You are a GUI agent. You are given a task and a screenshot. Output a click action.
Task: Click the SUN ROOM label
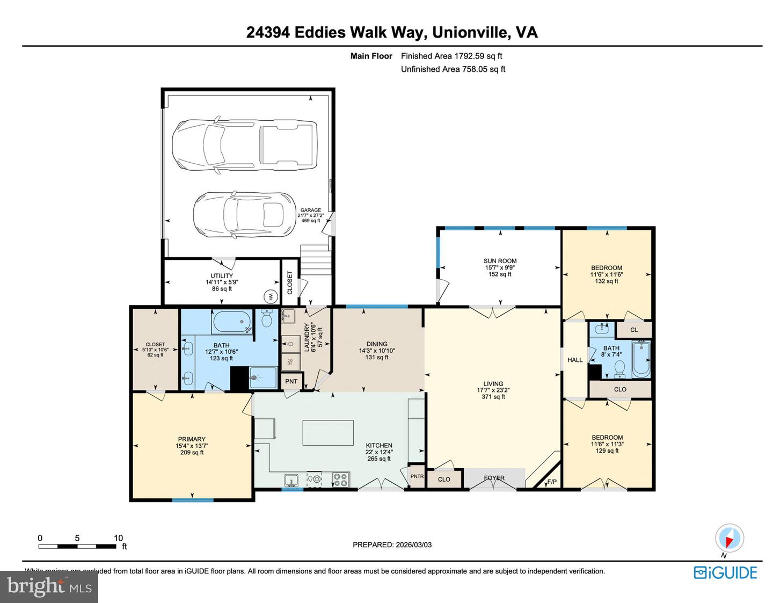(500, 261)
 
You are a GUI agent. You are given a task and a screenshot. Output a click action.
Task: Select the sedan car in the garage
(244, 215)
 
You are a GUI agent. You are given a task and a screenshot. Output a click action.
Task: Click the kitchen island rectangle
(328, 433)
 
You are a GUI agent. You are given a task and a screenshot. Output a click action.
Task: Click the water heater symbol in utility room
(270, 296)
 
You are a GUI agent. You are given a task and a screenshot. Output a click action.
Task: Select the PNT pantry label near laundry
(291, 381)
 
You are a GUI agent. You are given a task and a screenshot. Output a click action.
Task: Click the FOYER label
(494, 478)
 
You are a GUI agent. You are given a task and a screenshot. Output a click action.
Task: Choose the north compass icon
(729, 538)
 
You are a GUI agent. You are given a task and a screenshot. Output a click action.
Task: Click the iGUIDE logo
(725, 572)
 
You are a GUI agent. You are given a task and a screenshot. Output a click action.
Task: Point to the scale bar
(77, 546)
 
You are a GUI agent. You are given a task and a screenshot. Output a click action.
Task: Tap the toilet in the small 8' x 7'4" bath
(619, 368)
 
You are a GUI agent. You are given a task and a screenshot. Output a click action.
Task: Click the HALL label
(575, 360)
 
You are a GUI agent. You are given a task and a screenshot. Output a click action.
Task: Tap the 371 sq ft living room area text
(493, 397)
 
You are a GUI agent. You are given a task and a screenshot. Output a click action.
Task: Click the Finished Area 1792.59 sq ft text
(451, 56)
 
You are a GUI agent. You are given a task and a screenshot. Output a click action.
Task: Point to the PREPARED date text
(392, 544)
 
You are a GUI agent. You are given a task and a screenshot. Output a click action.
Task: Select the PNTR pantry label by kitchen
(417, 476)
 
